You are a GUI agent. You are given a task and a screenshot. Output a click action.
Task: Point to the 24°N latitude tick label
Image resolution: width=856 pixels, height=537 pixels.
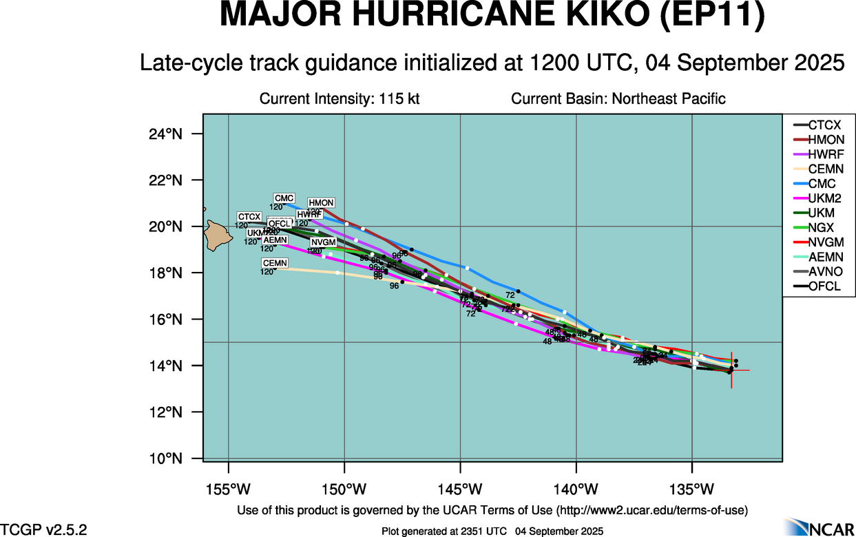165,134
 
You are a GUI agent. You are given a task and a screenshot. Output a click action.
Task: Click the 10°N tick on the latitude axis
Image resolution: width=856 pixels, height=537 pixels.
165,459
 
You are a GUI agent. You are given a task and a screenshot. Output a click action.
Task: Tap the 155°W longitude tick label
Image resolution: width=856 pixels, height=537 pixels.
229,489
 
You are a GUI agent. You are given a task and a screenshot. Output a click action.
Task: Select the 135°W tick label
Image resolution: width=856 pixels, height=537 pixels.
692,489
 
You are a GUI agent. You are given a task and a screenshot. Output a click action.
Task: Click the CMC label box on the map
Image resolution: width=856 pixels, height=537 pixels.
284,198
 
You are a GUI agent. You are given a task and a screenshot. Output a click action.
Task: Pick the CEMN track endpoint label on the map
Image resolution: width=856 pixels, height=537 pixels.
275,263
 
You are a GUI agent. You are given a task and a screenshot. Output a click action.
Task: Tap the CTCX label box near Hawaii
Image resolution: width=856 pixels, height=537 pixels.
249,217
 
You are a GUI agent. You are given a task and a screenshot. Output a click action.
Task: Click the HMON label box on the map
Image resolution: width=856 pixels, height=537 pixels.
321,203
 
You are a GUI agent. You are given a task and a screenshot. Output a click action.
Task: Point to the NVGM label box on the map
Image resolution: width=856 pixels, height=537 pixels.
323,242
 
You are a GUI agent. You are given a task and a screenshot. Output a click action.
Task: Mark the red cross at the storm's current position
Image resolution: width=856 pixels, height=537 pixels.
731,370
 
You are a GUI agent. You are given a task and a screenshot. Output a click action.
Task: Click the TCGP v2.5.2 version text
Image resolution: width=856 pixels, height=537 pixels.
43,529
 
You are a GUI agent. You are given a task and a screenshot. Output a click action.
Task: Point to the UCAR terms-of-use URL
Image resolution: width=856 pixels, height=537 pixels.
651,510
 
